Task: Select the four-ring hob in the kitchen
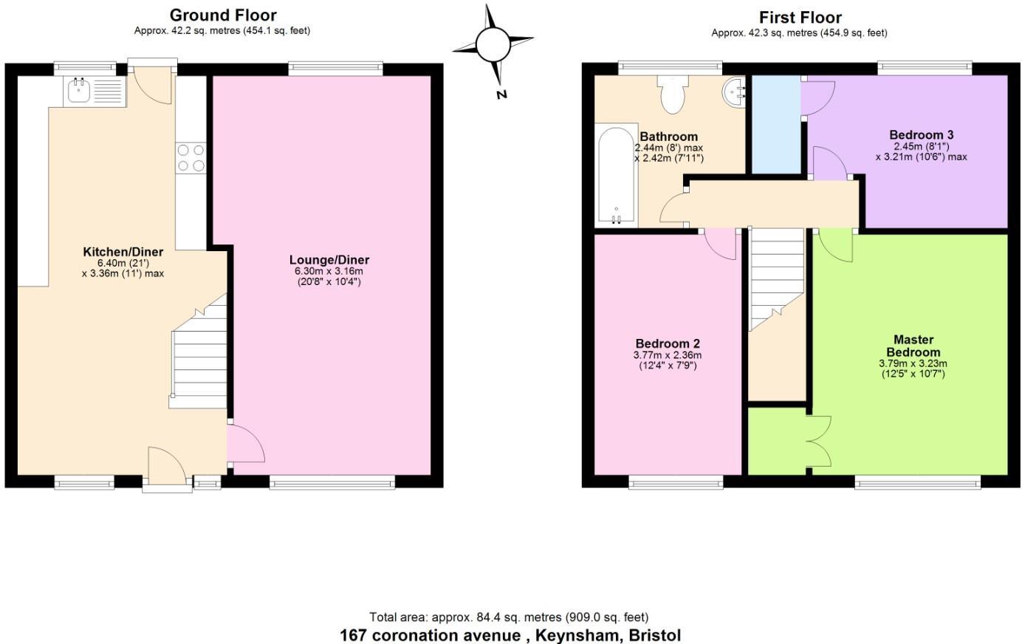click(191, 158)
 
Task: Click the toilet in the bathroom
click(672, 97)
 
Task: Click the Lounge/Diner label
click(329, 260)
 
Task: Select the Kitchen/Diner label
click(123, 252)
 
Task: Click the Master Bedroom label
click(913, 346)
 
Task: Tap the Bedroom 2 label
click(667, 343)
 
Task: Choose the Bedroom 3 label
click(921, 134)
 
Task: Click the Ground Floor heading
click(223, 15)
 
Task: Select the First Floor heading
click(800, 17)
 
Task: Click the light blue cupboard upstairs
click(776, 123)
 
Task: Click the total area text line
click(509, 617)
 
